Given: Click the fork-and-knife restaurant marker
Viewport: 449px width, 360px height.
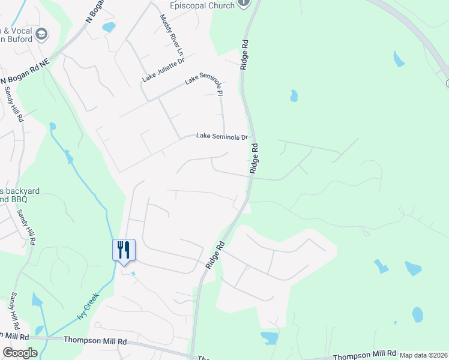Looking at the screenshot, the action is (x=124, y=250).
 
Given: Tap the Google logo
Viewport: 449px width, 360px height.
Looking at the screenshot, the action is (x=20, y=353).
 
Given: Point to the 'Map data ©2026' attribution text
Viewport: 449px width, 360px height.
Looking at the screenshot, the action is (x=424, y=355).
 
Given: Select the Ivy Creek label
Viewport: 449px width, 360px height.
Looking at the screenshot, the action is (x=86, y=305).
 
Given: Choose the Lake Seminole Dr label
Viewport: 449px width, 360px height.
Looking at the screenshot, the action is (x=222, y=136).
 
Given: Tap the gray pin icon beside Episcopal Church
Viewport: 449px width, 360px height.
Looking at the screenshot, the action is (x=243, y=3).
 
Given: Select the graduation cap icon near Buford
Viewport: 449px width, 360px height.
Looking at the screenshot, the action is (x=41, y=33).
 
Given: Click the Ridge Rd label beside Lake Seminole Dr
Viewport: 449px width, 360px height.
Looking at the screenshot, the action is (x=255, y=158).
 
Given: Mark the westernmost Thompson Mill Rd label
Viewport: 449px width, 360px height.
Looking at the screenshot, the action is (x=97, y=340).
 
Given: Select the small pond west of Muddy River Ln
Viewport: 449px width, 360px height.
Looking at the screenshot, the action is (x=109, y=27).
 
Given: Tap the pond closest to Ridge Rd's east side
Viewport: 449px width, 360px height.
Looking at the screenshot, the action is (x=294, y=95).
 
